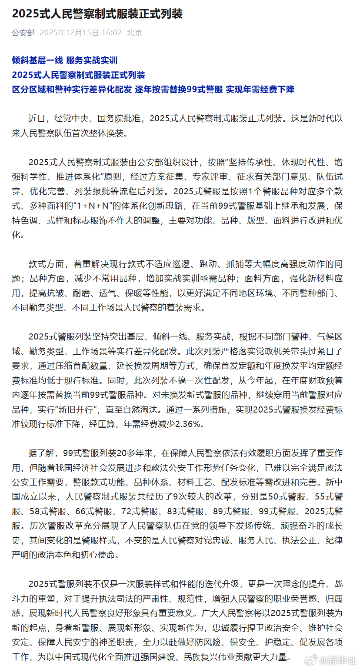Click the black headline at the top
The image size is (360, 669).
pos(97,14)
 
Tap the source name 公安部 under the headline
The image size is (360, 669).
pos(23,33)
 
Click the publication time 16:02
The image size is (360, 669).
pos(113,33)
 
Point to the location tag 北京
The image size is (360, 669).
pos(134,33)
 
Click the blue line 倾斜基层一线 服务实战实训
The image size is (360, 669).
pos(65,60)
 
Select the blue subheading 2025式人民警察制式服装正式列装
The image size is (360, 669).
pos(78,75)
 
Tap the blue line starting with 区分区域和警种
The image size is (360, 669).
pos(153,89)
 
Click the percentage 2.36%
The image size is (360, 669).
pos(190,424)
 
